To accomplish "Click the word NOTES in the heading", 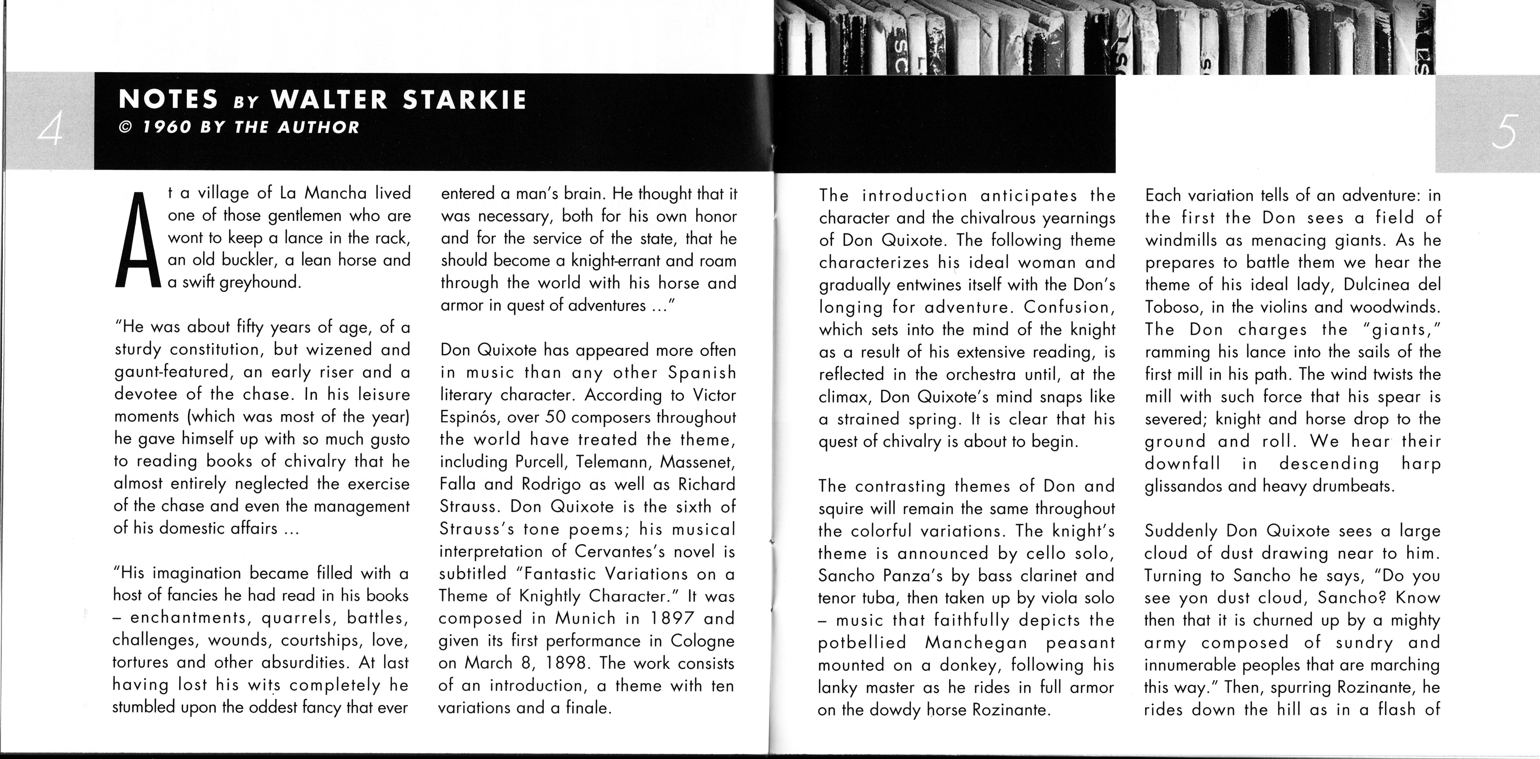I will point(169,100).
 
